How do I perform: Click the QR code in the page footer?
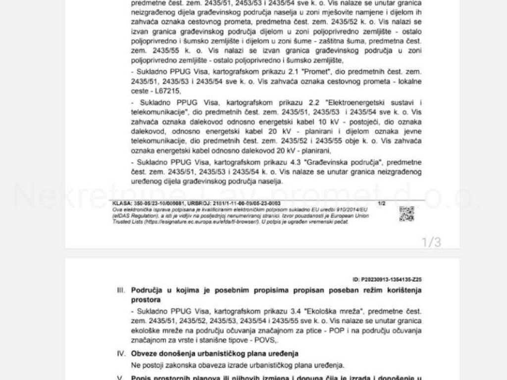tap(406, 213)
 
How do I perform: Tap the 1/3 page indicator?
tap(431, 242)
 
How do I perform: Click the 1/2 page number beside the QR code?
tap(381, 203)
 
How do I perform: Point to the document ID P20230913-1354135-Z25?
tap(387, 280)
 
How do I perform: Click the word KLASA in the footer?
tap(121, 203)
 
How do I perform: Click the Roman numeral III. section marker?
tap(121, 290)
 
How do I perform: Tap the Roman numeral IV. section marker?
tap(121, 353)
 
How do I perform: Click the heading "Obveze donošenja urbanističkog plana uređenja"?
tap(215, 353)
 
